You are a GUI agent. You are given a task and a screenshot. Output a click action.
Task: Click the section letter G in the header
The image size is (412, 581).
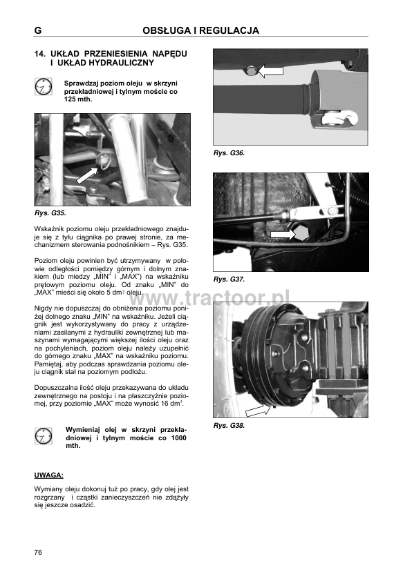tap(38, 30)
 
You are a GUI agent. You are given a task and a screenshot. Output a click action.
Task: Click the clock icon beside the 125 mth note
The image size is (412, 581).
tap(44, 87)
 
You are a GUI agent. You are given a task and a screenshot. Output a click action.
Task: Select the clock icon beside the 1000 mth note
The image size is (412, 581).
tap(44, 436)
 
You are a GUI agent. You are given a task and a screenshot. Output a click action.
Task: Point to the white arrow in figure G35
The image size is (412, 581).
tap(88, 175)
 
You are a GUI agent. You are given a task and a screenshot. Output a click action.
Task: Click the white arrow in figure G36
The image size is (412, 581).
tap(270, 70)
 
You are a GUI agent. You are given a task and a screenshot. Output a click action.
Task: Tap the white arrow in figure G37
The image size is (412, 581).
tap(282, 234)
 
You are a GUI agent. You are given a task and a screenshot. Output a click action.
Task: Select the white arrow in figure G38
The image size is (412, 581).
tap(258, 410)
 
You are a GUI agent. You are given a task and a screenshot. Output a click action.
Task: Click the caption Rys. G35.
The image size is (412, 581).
tap(50, 213)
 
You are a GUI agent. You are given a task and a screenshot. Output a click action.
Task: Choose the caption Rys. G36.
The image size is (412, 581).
tap(229, 153)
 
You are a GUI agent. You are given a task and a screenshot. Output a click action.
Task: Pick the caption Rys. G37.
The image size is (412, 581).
tap(229, 279)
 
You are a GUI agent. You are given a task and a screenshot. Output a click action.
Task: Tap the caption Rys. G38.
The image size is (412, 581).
tap(229, 426)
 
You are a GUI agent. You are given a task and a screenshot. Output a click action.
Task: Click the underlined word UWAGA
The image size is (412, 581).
tap(48, 475)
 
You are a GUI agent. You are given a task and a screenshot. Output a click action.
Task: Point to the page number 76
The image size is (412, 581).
tap(38, 553)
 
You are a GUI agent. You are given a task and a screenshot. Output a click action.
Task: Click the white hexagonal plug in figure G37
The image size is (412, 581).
tap(301, 233)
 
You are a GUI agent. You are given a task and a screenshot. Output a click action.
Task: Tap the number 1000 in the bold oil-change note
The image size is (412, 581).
tap(178, 438)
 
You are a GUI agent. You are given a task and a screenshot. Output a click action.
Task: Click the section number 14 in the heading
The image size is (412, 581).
tap(39, 54)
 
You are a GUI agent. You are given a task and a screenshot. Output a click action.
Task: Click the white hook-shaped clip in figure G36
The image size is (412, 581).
tap(340, 118)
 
